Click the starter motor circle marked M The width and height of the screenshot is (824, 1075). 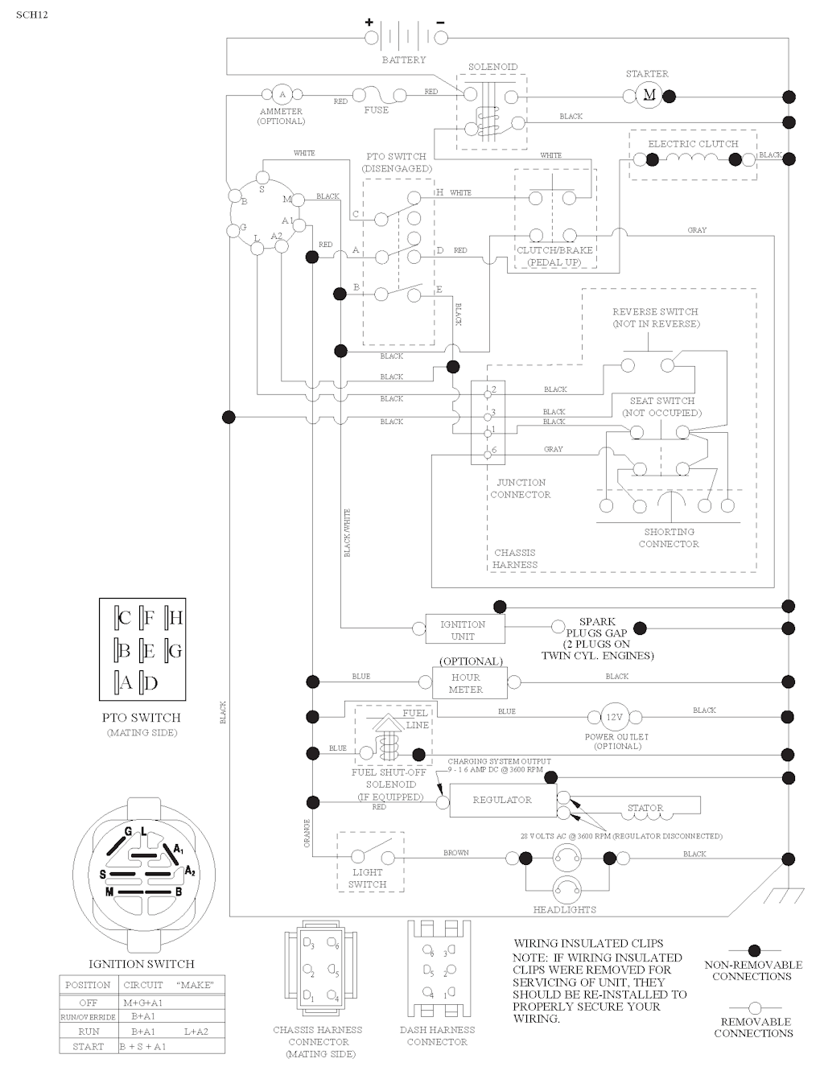[x=649, y=97]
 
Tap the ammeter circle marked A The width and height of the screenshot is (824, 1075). [x=282, y=95]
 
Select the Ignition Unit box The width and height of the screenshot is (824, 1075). [x=463, y=630]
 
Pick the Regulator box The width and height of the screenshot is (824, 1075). [x=502, y=801]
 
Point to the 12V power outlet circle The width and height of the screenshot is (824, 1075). [x=615, y=717]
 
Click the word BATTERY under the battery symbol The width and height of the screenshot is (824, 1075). [x=404, y=60]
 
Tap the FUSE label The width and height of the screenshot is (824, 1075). [x=376, y=110]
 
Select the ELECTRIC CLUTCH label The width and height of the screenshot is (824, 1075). [x=693, y=144]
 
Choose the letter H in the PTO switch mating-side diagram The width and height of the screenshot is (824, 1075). [x=175, y=618]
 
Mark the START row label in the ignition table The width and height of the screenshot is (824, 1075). [x=88, y=1047]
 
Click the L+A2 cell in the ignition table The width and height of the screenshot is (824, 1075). [x=196, y=1032]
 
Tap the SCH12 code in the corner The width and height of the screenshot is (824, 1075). [x=31, y=14]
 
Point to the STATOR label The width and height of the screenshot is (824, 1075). [x=645, y=808]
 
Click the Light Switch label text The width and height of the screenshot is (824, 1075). [x=368, y=879]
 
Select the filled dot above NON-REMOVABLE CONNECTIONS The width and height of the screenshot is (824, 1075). [x=754, y=951]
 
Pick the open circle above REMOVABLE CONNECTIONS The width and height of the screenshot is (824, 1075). [x=754, y=1007]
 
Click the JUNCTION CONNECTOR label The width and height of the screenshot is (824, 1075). [x=521, y=488]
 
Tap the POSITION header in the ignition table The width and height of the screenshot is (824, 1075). [x=88, y=985]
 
